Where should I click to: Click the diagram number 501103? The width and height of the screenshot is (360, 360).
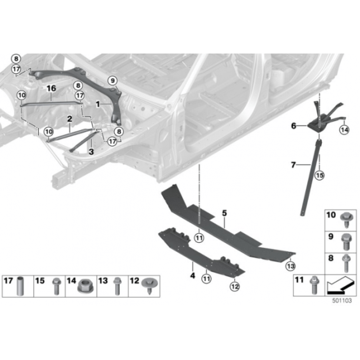(342, 301)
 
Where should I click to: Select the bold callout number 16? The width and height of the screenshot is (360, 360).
(51, 88)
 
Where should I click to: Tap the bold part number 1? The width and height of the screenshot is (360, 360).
(98, 104)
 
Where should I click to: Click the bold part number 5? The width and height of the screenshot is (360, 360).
(224, 213)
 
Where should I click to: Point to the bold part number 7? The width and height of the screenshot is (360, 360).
(293, 165)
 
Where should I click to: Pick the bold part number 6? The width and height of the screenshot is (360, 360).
(294, 126)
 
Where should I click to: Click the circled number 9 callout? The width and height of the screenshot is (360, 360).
(113, 80)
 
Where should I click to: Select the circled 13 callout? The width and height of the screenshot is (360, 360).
(291, 266)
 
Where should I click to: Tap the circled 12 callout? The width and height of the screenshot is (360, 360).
(234, 286)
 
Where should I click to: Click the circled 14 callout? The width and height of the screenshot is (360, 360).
(344, 130)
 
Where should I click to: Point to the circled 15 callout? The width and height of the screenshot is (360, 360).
(320, 176)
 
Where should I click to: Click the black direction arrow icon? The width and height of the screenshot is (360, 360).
(340, 285)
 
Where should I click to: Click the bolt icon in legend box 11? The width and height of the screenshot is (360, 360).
(313, 285)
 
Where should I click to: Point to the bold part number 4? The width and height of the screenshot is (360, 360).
(192, 275)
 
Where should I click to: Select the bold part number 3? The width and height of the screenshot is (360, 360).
(91, 152)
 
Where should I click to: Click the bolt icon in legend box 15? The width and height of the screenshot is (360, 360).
(56, 286)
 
